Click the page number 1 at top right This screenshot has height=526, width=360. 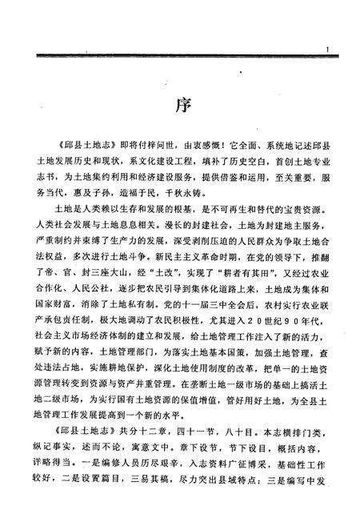tap(329, 50)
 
